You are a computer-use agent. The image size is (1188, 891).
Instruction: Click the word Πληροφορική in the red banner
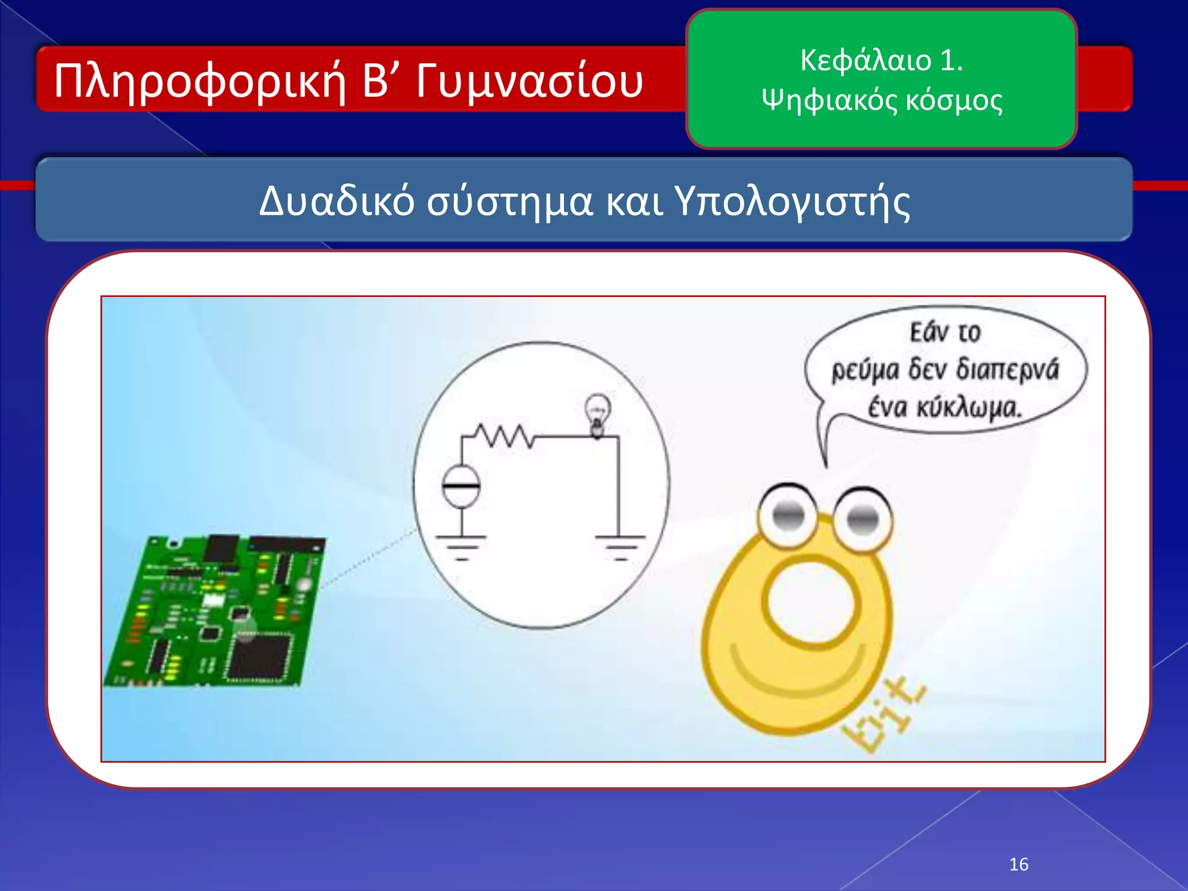pyautogui.click(x=200, y=82)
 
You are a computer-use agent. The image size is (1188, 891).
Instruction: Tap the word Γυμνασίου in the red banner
pyautogui.click(x=529, y=82)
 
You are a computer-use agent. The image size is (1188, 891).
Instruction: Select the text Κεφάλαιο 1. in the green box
pyautogui.click(x=881, y=60)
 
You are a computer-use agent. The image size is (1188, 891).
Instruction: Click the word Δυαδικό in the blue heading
pyautogui.click(x=336, y=201)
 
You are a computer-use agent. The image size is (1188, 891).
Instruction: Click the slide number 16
pyautogui.click(x=1019, y=864)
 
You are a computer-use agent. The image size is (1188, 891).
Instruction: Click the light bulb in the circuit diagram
pyautogui.click(x=597, y=413)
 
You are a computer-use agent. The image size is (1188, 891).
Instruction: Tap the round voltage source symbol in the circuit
pyautogui.click(x=461, y=486)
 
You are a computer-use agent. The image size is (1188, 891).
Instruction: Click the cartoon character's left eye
pyautogui.click(x=788, y=515)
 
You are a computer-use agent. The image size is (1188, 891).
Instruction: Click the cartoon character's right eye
pyautogui.click(x=863, y=517)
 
